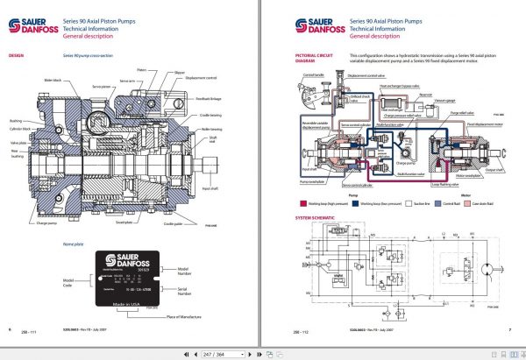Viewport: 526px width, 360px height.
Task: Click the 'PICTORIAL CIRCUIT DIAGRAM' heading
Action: click(304, 58)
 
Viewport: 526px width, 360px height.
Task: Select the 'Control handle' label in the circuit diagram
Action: click(311, 75)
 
